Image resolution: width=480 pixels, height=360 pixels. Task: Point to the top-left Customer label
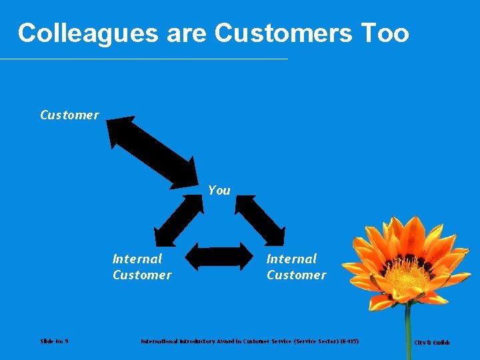(x=69, y=115)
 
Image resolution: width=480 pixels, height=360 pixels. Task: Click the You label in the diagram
(x=219, y=191)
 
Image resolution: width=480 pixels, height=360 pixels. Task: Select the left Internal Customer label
(x=141, y=267)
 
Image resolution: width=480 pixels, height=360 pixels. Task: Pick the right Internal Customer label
(x=296, y=267)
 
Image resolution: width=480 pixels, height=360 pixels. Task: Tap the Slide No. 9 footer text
(x=54, y=341)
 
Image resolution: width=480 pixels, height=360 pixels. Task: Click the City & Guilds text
(x=432, y=343)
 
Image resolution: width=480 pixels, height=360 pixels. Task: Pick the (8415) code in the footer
(x=349, y=341)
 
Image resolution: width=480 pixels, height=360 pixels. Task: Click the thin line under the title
(x=144, y=59)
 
